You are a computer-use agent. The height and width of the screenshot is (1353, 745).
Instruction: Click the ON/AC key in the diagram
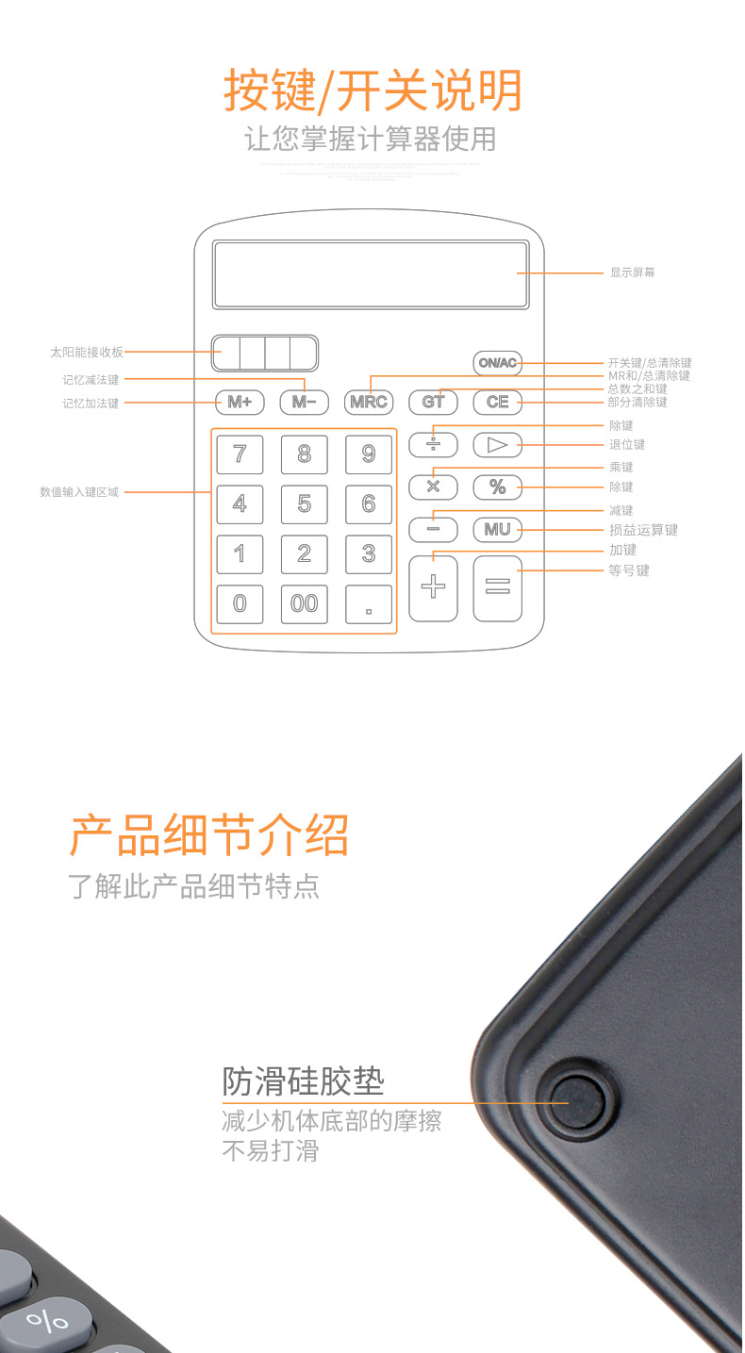pyautogui.click(x=497, y=363)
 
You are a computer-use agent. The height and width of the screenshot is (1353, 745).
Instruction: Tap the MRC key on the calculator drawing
pyautogui.click(x=368, y=403)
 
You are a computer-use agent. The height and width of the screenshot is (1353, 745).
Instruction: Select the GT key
pyautogui.click(x=433, y=403)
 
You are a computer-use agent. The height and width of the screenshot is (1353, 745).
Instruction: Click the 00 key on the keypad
pyautogui.click(x=304, y=603)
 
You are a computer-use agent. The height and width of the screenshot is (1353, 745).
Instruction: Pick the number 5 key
pyautogui.click(x=304, y=504)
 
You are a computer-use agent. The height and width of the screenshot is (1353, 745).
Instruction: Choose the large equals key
pyautogui.click(x=497, y=588)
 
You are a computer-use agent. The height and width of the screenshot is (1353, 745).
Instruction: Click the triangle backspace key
pyautogui.click(x=497, y=445)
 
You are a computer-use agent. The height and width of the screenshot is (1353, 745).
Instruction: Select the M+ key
pyautogui.click(x=240, y=403)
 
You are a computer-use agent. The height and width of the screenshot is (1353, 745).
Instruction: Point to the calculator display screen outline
pyautogui.click(x=370, y=274)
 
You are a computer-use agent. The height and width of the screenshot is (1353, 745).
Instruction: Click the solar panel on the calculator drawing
pyautogui.click(x=265, y=353)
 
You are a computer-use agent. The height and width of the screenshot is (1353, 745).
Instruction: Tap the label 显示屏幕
pyautogui.click(x=632, y=272)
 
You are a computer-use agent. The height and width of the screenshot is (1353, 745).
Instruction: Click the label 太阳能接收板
pyautogui.click(x=87, y=352)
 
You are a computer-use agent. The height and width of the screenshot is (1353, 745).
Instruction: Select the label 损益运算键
pyautogui.click(x=643, y=530)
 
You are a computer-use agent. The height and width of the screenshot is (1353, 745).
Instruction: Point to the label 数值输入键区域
pyautogui.click(x=79, y=492)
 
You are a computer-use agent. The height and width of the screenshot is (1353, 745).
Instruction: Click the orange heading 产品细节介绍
pyautogui.click(x=209, y=834)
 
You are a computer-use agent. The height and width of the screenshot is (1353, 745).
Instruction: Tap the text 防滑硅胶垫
pyautogui.click(x=304, y=1081)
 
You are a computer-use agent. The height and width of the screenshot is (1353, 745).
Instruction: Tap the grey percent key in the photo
pyautogui.click(x=47, y=1320)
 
